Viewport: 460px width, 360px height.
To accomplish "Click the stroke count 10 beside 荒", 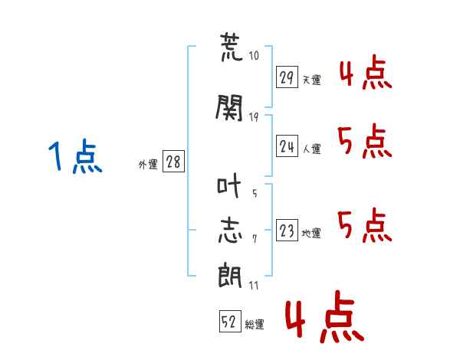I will point(255,56).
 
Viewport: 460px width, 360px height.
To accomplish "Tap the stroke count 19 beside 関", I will point(255,116).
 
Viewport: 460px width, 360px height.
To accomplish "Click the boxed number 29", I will point(287,78).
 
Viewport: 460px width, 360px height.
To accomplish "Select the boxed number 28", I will point(173,162).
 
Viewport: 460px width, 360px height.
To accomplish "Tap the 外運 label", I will point(148,164).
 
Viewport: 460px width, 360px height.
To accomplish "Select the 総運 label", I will point(254,324).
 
